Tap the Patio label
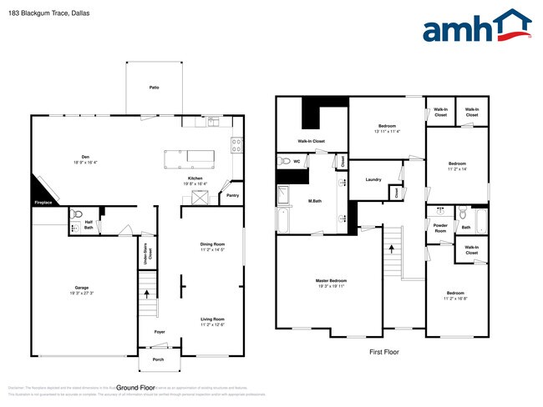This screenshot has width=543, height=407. (154, 88)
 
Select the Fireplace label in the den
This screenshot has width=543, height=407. (43, 203)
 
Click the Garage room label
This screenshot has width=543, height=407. (82, 288)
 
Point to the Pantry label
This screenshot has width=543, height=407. (231, 197)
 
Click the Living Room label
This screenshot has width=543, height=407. (212, 319)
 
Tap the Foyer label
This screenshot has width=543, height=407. (159, 332)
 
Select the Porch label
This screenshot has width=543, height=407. (158, 360)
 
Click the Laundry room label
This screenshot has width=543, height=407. (373, 179)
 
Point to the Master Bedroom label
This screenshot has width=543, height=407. (332, 280)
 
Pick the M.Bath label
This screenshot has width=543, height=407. (315, 200)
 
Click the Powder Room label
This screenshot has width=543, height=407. (440, 229)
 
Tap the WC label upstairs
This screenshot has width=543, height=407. (297, 161)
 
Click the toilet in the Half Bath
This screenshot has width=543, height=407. (76, 214)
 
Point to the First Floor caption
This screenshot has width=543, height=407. (384, 352)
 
